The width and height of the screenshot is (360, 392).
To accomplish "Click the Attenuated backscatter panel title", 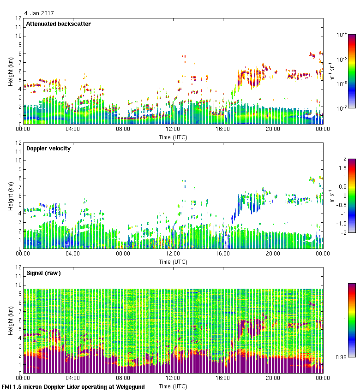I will (x=58, y=24).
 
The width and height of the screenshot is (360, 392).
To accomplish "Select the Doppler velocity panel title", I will (x=48, y=148).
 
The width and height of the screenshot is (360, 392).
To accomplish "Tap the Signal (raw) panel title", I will (x=43, y=273).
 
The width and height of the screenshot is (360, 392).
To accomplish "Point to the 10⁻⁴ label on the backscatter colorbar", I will (x=342, y=35).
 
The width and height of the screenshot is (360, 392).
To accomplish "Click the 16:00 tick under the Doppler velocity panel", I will (x=223, y=254).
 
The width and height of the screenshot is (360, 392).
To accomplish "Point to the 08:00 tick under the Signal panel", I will (x=123, y=378).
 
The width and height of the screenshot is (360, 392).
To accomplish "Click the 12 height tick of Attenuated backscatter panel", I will (x=18, y=18).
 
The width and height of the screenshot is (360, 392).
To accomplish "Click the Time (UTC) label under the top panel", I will (x=173, y=137).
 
